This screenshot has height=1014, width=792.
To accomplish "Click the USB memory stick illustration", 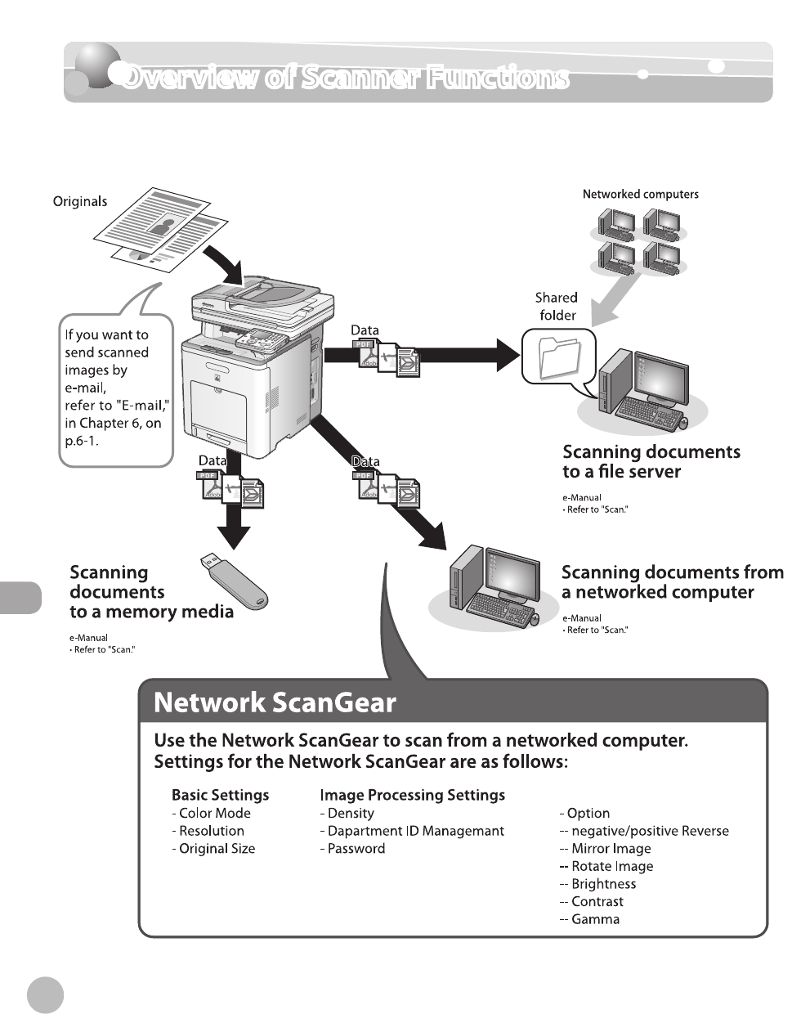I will pyautogui.click(x=235, y=580).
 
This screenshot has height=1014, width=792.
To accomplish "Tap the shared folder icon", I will pyautogui.click(x=560, y=357).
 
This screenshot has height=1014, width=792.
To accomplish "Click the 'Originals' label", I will pyautogui.click(x=80, y=201).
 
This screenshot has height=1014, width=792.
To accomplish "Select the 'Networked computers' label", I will pyautogui.click(x=640, y=195).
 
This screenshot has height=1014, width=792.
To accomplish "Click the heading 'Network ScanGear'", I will pyautogui.click(x=275, y=703).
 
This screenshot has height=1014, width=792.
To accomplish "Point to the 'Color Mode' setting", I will pyautogui.click(x=214, y=813).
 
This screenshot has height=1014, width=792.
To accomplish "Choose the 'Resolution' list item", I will pyautogui.click(x=211, y=831).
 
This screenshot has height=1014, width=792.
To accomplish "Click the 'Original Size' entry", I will pyautogui.click(x=217, y=849).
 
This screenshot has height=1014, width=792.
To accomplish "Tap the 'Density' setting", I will pyautogui.click(x=350, y=813).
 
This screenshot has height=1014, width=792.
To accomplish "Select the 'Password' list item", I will pyautogui.click(x=356, y=849).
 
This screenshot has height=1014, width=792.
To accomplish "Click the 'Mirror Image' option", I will pyautogui.click(x=611, y=849).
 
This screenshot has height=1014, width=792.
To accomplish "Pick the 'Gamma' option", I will pyautogui.click(x=595, y=919).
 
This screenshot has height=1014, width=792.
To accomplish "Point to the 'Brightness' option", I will pyautogui.click(x=603, y=884).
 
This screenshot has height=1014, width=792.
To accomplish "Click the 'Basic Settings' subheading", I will pyautogui.click(x=220, y=795).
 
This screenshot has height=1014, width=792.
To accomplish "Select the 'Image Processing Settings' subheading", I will pyautogui.click(x=412, y=795).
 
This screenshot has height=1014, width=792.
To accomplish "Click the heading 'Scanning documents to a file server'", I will pyautogui.click(x=651, y=462).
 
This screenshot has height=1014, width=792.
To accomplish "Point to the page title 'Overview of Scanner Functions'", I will pyautogui.click(x=344, y=78).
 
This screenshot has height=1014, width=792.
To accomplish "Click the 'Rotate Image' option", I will pyautogui.click(x=611, y=867).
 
